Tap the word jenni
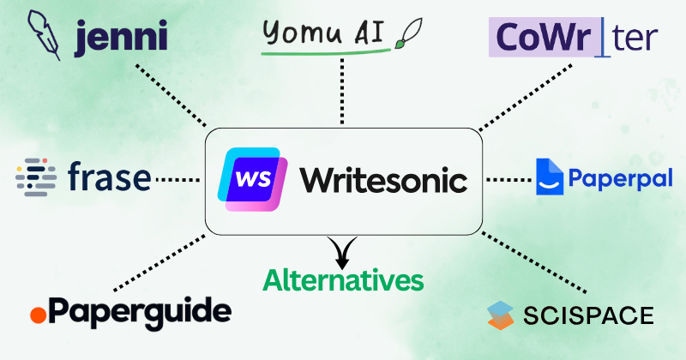coord(120,38)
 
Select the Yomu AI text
coord(325,35)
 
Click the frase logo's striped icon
coord(35,178)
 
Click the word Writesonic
coord(383,181)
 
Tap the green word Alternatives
coord(343,279)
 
